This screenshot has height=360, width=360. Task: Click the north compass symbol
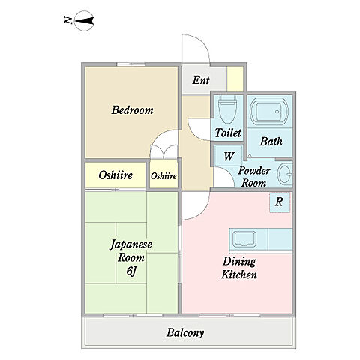[x=84, y=21]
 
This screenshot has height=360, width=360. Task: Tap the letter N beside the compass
[x=68, y=20]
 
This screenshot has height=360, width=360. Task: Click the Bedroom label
[x=132, y=110]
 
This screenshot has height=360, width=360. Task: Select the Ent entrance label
[x=201, y=80]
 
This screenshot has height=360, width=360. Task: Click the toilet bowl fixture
[x=227, y=110]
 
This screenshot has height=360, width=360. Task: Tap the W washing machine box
[x=228, y=157]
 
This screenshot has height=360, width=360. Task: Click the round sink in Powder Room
[x=285, y=174]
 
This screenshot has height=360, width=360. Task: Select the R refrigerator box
[x=280, y=202]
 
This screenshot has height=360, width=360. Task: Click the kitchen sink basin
[x=244, y=238]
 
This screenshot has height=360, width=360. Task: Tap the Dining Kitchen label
[x=239, y=268]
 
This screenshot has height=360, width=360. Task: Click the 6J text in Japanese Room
[x=131, y=271]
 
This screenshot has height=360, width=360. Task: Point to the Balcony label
[x=185, y=333]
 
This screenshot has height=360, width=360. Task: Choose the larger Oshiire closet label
[x=115, y=175]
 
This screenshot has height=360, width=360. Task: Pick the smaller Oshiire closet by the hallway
[x=163, y=174]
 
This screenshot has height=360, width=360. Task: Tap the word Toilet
[x=228, y=133]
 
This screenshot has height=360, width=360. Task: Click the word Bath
[x=271, y=142]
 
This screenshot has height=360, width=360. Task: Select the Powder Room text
[x=254, y=177]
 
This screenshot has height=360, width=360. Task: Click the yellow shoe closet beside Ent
[x=235, y=79]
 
